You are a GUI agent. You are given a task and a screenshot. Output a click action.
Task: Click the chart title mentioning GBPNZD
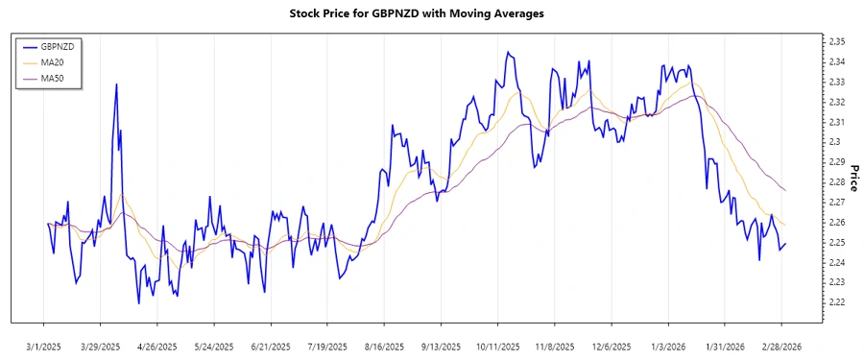[x=417, y=13]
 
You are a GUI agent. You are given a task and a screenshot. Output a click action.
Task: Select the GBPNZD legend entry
[x=52, y=46]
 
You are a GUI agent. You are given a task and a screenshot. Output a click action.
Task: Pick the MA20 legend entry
[x=48, y=61]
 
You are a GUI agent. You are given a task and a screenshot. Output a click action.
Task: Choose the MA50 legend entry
[x=48, y=77]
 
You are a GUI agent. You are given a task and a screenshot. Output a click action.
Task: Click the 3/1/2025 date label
[x=44, y=346]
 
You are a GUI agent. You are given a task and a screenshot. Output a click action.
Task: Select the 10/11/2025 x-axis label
[x=497, y=346]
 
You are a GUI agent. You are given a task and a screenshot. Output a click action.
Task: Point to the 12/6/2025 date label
[x=612, y=346]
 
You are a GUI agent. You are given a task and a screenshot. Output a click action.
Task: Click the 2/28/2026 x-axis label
[x=781, y=346]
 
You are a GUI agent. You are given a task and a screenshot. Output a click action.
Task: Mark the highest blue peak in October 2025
[x=507, y=52]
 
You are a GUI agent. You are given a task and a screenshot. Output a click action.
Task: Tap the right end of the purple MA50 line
[x=786, y=190]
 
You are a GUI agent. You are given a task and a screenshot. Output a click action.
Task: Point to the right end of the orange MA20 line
[x=786, y=226]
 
